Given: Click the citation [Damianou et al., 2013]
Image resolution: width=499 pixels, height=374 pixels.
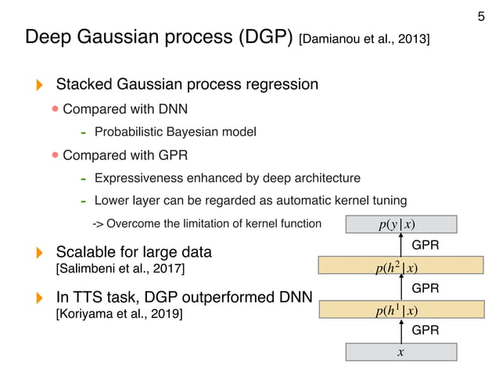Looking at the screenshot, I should (364, 38).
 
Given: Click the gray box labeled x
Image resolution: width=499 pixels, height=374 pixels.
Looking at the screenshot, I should (400, 351).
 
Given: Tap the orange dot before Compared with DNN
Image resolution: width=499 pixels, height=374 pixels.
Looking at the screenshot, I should (56, 108).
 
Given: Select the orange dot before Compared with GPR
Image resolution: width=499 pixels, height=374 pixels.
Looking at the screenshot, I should (56, 155).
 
